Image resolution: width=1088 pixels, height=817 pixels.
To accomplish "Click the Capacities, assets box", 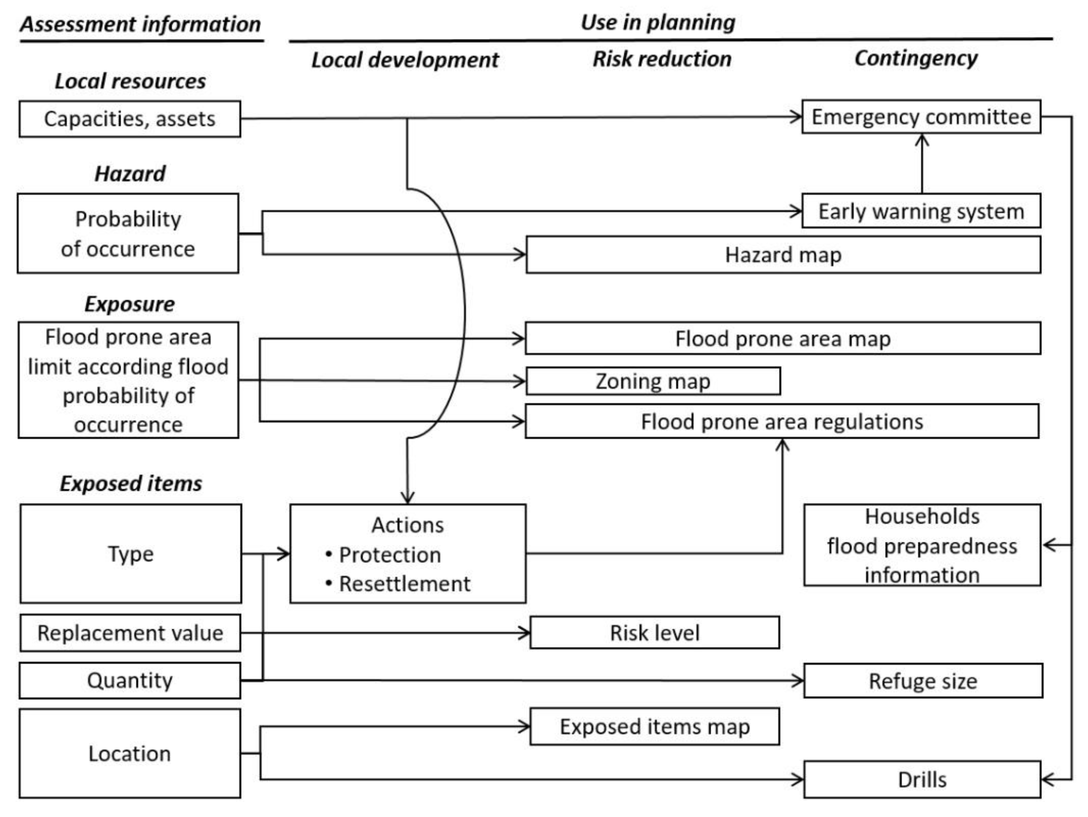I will (130, 119).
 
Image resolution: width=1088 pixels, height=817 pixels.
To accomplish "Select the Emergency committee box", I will (921, 117).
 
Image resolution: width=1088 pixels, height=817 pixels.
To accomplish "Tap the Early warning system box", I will (921, 211).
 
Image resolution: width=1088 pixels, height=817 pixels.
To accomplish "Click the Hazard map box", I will (783, 255).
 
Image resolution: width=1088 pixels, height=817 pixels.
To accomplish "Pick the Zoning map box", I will (653, 381).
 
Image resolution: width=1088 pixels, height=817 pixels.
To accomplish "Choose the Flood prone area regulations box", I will (782, 422).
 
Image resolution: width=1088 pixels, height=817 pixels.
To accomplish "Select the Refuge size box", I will (923, 681).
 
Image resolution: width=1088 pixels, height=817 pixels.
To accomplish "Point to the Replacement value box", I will (130, 633).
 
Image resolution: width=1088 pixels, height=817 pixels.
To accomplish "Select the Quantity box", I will (130, 681).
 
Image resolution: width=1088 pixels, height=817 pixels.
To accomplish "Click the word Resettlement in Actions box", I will (404, 584).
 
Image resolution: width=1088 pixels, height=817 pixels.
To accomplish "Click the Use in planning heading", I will (658, 22).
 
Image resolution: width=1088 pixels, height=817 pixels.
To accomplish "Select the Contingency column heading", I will (916, 58).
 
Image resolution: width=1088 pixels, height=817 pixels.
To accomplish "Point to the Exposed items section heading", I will (131, 484).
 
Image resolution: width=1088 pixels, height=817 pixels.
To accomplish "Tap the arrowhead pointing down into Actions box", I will (407, 498).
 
